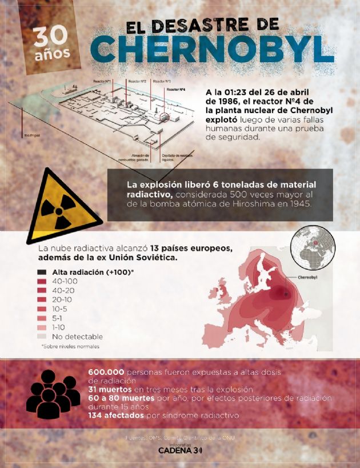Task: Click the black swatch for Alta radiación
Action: (42, 273)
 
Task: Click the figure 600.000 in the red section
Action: (107, 371)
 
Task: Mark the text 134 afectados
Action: (116, 415)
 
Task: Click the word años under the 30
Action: (53, 55)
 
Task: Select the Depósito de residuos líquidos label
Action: (175, 157)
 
